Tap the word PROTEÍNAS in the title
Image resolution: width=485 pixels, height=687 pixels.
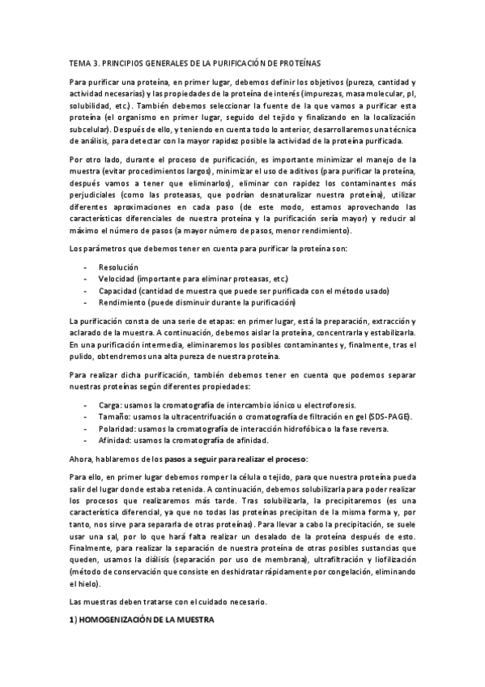pyautogui.click(x=304, y=62)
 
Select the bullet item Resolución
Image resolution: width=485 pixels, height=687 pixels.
pyautogui.click(x=118, y=267)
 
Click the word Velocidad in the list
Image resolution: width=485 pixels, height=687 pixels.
pyautogui.click(x=117, y=279)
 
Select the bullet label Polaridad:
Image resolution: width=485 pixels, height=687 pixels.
pyautogui.click(x=117, y=429)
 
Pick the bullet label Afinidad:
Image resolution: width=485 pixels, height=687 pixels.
pyautogui.click(x=117, y=440)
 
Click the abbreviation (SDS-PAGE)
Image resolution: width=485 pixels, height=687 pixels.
pyautogui.click(x=390, y=416)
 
